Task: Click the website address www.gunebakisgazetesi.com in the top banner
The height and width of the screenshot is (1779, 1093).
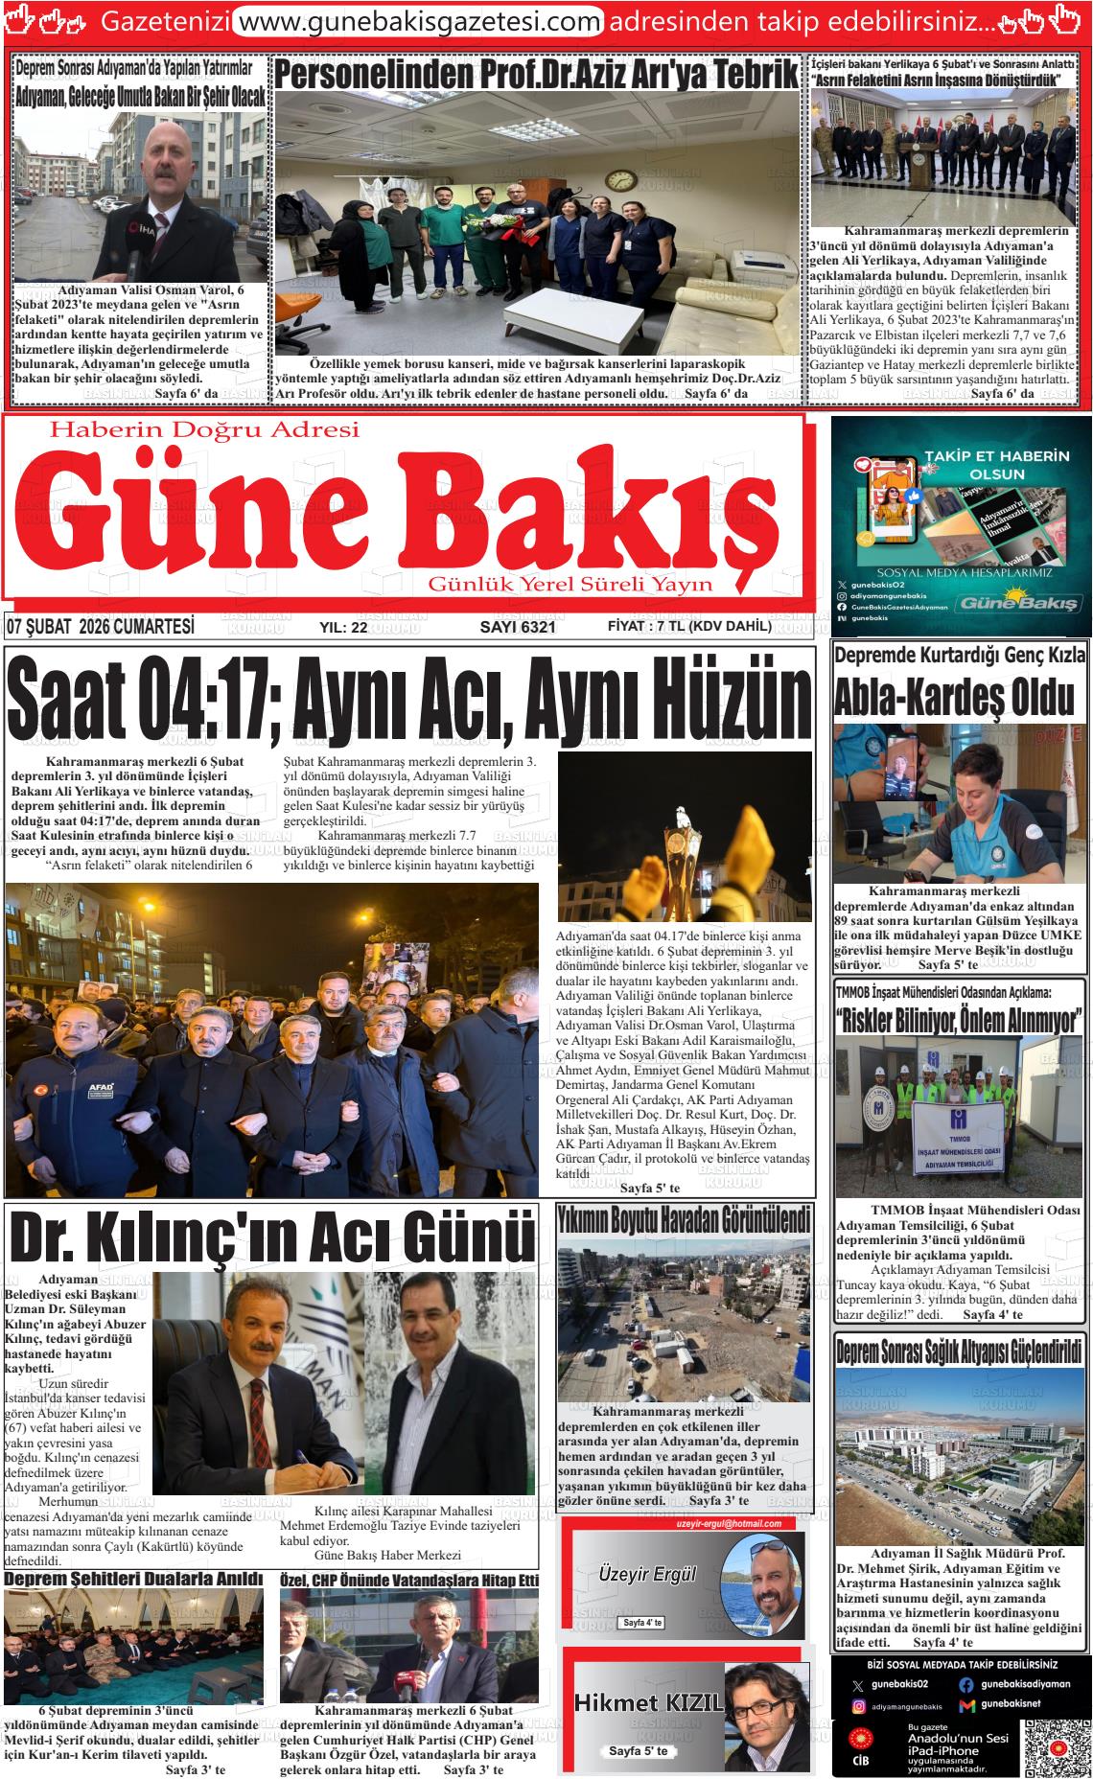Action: click(418, 20)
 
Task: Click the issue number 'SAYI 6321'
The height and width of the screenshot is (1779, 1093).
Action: click(518, 627)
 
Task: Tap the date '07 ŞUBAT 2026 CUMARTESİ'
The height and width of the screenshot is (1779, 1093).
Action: click(101, 627)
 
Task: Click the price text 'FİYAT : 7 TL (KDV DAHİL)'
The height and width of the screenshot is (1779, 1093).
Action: click(689, 627)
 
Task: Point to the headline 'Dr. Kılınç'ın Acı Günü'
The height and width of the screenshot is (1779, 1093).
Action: click(271, 1237)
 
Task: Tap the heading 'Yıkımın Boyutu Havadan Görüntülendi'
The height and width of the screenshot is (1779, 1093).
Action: click(685, 1220)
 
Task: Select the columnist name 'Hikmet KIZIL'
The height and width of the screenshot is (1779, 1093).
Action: click(648, 1703)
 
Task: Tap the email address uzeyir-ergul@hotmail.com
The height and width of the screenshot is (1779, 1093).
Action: click(729, 1524)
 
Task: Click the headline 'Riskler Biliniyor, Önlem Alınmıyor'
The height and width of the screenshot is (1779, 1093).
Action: click(960, 1018)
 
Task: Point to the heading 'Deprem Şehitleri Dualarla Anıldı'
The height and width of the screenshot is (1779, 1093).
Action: click(134, 1578)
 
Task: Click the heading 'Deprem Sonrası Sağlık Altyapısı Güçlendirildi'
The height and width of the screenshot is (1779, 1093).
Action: click(960, 1352)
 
